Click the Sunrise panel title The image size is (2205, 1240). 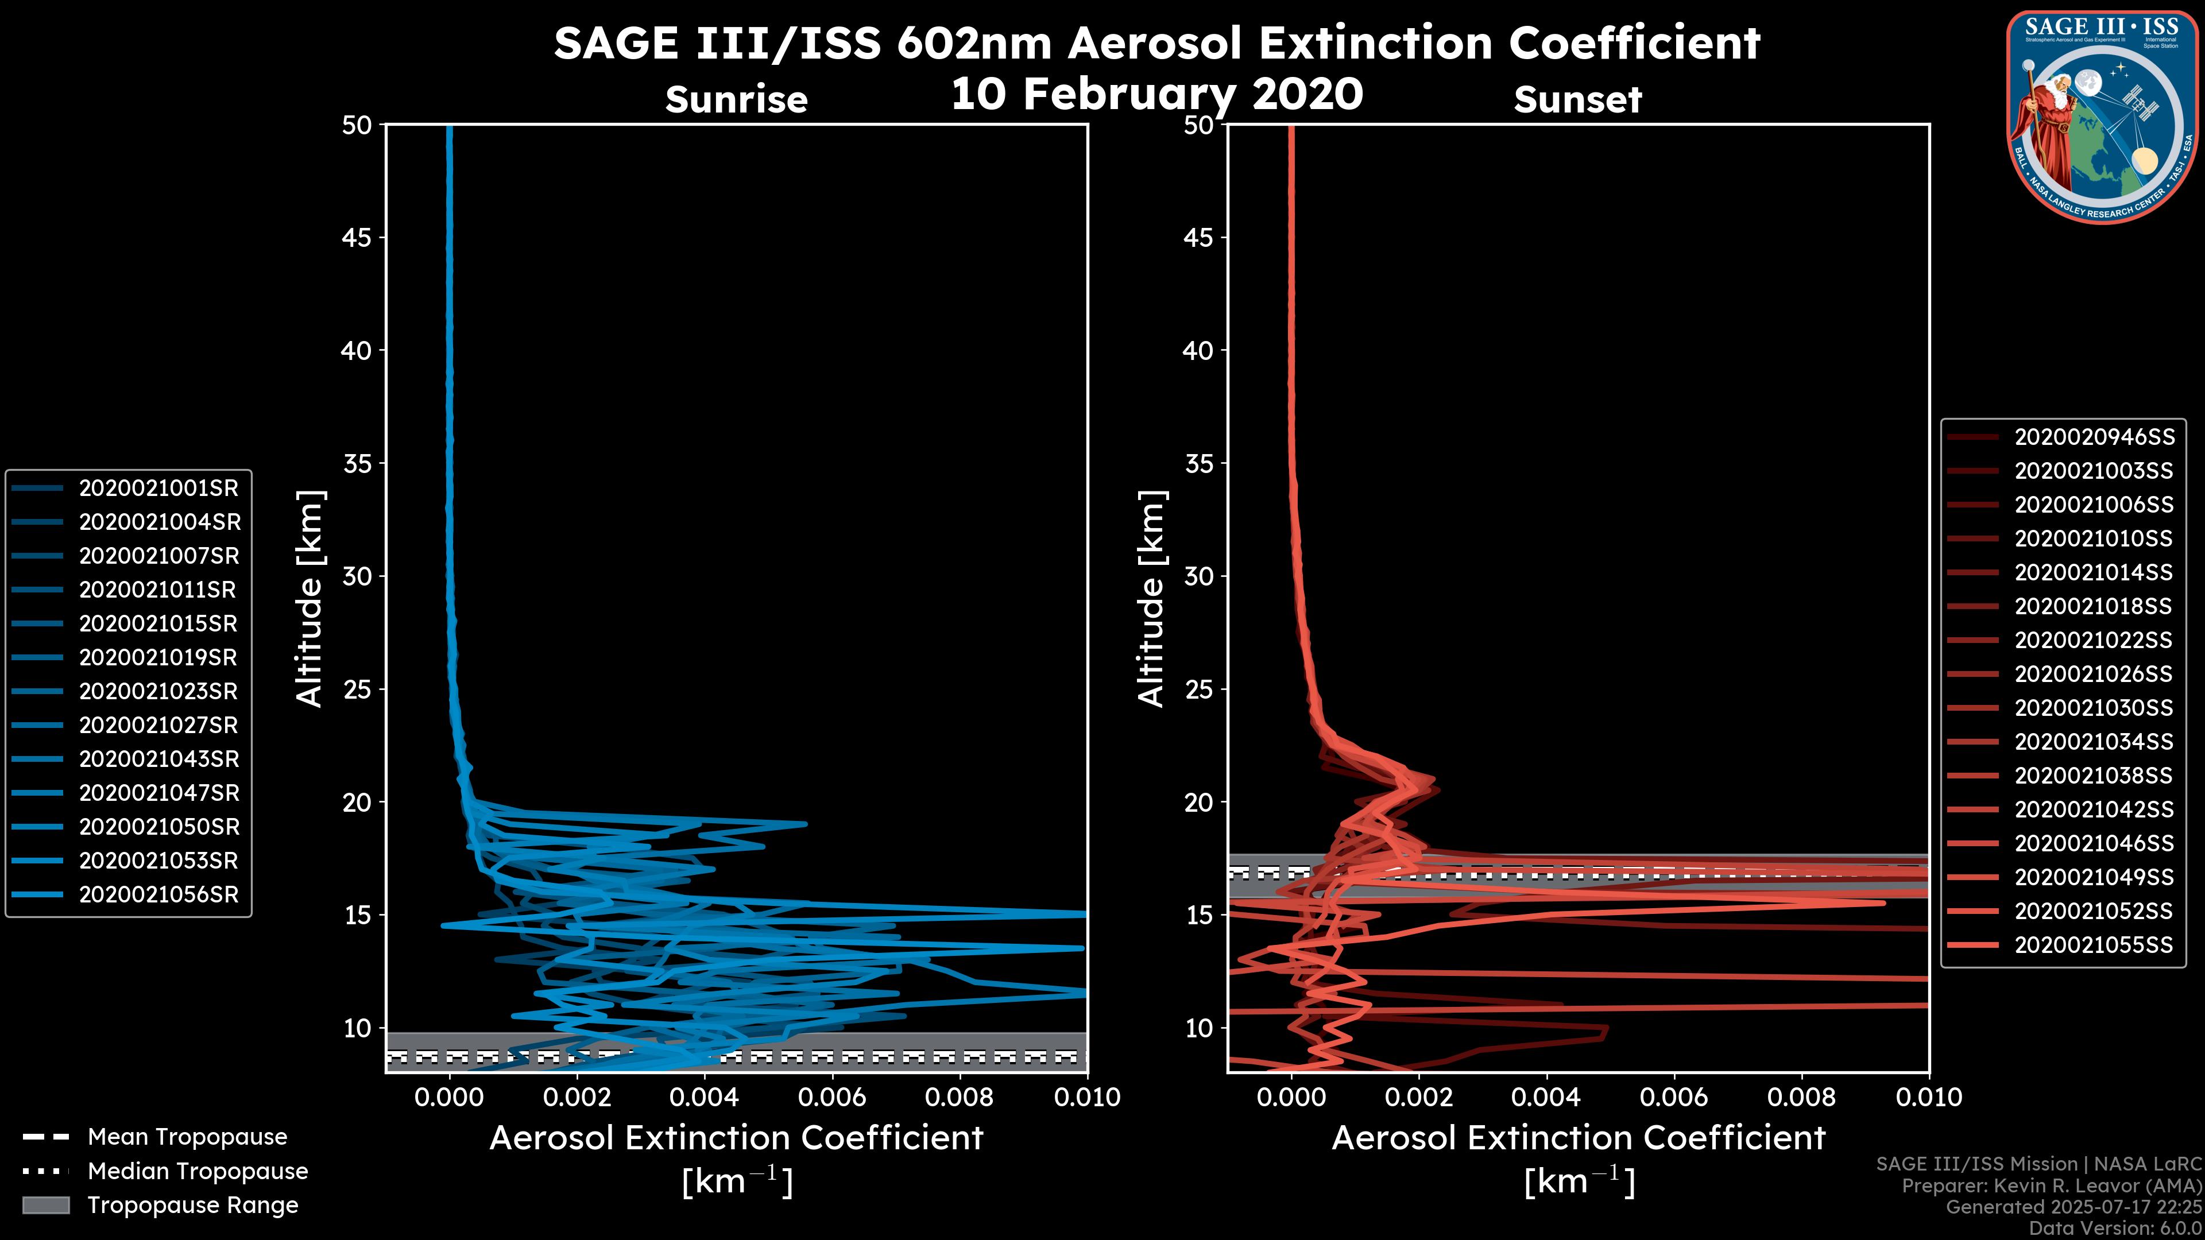pos(736,99)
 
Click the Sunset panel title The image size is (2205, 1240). pos(1577,99)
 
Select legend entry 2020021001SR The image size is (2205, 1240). pos(159,489)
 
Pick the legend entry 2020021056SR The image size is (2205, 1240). pos(159,894)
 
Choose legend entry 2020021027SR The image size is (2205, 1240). pos(159,725)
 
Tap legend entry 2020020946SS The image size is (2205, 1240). pos(2094,437)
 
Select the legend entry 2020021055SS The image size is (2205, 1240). pos(2094,945)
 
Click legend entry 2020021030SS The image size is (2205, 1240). pos(2094,708)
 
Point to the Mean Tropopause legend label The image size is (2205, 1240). pos(187,1137)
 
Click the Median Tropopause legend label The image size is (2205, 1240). pos(198,1171)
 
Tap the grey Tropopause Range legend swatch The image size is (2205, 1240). pos(45,1205)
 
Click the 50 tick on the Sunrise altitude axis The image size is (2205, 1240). pos(357,125)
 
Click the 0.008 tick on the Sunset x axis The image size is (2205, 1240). pos(1802,1097)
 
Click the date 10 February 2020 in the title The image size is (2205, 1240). pos(1156,92)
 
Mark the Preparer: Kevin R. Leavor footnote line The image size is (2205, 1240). pos(2051,1186)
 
